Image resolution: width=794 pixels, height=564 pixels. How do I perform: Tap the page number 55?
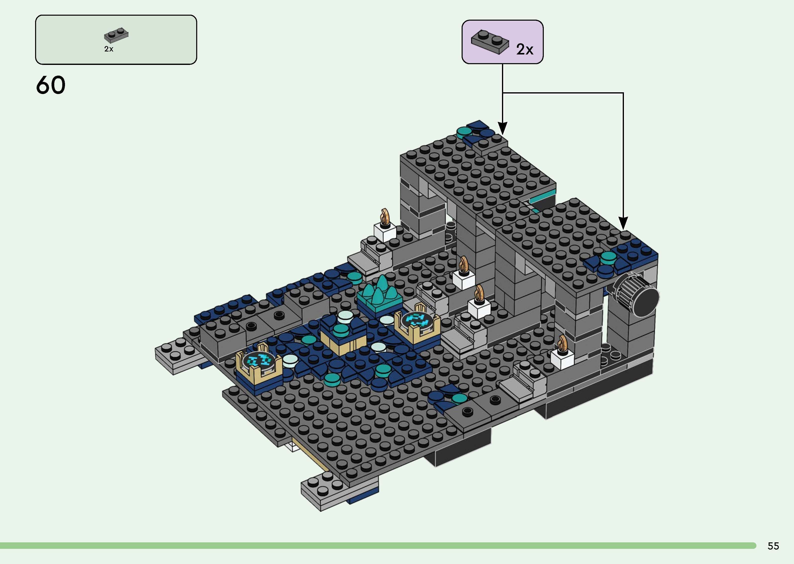[x=773, y=546]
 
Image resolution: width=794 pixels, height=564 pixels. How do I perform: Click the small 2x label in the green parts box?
[x=109, y=49]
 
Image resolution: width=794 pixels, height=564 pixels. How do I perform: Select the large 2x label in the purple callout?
[x=524, y=49]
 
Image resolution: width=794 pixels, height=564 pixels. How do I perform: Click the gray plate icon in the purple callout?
[x=489, y=42]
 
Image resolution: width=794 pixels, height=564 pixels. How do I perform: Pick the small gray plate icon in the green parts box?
[x=116, y=35]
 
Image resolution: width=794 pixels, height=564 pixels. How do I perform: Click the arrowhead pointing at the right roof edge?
[x=623, y=223]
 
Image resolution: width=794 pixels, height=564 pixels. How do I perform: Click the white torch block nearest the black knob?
[x=562, y=359]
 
